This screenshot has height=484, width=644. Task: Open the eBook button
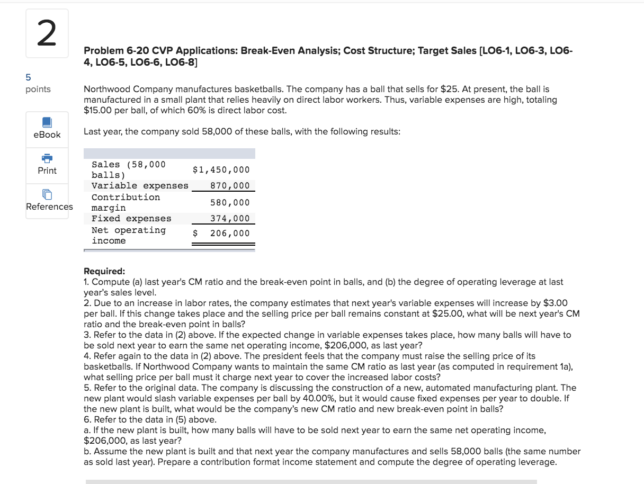(x=47, y=128)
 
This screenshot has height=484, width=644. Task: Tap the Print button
(x=47, y=164)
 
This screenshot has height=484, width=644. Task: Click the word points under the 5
(x=38, y=89)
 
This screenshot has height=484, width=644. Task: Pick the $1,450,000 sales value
(x=221, y=169)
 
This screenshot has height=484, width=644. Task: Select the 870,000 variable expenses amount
(x=230, y=185)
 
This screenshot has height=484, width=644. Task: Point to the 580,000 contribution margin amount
(x=230, y=202)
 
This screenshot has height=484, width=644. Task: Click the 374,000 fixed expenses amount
(x=230, y=218)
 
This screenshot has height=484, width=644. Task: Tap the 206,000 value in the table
(x=230, y=233)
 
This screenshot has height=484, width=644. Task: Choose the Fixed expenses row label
(x=131, y=218)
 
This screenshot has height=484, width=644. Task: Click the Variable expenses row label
(x=140, y=185)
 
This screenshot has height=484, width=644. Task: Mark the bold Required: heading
(x=104, y=272)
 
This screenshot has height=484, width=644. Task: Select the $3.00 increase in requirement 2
(x=556, y=303)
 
